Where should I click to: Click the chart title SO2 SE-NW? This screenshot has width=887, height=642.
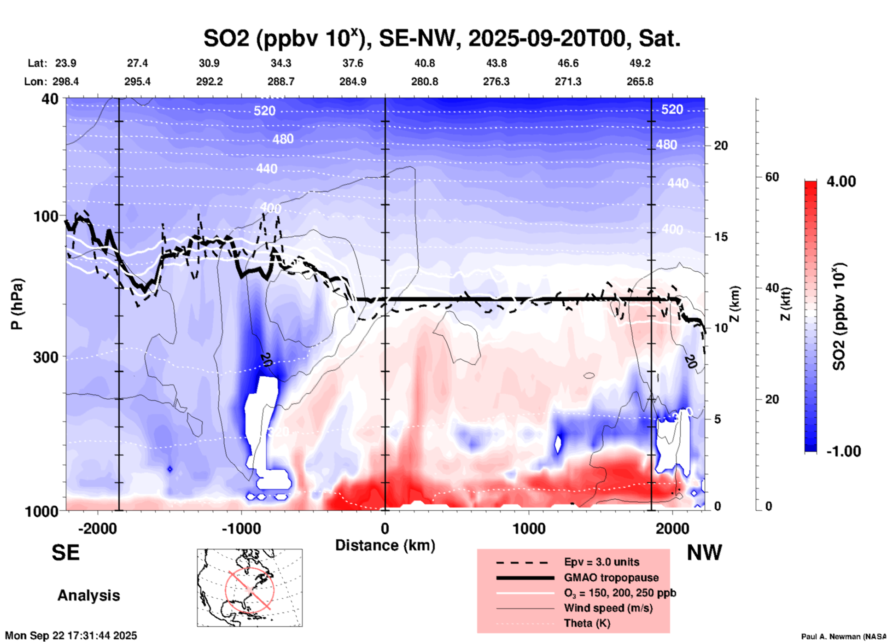[x=442, y=38]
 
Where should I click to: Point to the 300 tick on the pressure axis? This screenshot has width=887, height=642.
[x=46, y=357]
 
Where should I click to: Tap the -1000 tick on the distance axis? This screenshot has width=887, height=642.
[x=241, y=528]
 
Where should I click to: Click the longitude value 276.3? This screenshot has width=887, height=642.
[x=496, y=82]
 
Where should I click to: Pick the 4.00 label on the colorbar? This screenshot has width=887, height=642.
[x=841, y=181]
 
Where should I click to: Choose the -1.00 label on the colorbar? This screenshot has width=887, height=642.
[x=843, y=451]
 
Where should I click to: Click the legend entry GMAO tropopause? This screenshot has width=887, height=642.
[x=611, y=578]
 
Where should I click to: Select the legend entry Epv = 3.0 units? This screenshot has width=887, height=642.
[x=601, y=562]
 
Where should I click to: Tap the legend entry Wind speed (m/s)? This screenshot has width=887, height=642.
[x=608, y=608]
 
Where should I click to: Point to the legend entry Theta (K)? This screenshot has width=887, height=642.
[x=587, y=623]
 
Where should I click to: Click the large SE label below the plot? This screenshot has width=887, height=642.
[x=65, y=553]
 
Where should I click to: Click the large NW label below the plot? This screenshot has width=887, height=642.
[x=704, y=553]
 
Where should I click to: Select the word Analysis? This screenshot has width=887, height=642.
[x=88, y=595]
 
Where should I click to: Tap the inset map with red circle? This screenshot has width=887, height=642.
[x=250, y=588]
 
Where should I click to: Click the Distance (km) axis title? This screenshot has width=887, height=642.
[x=385, y=545]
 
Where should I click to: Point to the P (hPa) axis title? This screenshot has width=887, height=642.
[x=17, y=304]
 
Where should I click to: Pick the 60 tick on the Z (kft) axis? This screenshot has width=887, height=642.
[x=772, y=177]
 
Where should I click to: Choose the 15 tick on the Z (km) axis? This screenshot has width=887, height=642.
[x=721, y=237]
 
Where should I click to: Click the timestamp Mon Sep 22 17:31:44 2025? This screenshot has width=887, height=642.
[x=71, y=636]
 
